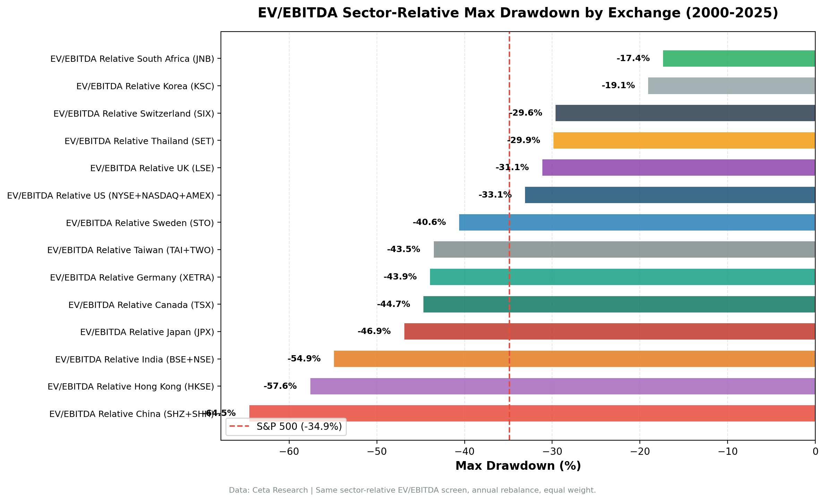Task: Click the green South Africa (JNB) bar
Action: (x=739, y=58)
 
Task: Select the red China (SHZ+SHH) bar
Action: (x=532, y=413)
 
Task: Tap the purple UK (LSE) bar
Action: (x=678, y=167)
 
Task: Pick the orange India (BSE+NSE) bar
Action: (x=574, y=359)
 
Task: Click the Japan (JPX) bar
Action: (x=609, y=331)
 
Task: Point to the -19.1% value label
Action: (x=618, y=85)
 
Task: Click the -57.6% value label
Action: (x=280, y=386)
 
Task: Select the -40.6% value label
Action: (x=429, y=222)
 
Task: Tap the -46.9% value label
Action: (x=374, y=331)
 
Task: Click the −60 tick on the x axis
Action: (x=289, y=451)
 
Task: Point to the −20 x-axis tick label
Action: (x=639, y=451)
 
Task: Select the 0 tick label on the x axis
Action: (x=815, y=451)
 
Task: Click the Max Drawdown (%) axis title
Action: (x=518, y=466)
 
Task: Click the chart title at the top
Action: (x=518, y=13)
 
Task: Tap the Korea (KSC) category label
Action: (x=145, y=86)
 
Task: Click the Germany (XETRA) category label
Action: (x=132, y=277)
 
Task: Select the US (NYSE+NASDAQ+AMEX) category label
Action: (x=110, y=195)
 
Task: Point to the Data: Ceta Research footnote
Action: (x=412, y=490)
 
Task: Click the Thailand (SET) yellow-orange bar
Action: (x=684, y=140)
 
